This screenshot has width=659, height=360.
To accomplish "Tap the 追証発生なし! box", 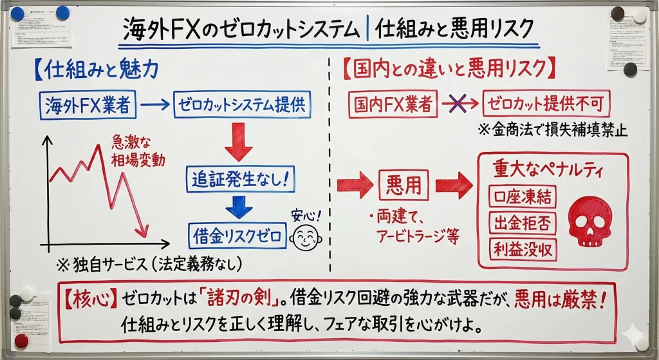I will (x=239, y=178).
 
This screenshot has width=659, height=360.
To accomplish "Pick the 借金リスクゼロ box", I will (x=237, y=236).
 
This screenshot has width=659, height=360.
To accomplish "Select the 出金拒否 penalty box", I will (x=522, y=223).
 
